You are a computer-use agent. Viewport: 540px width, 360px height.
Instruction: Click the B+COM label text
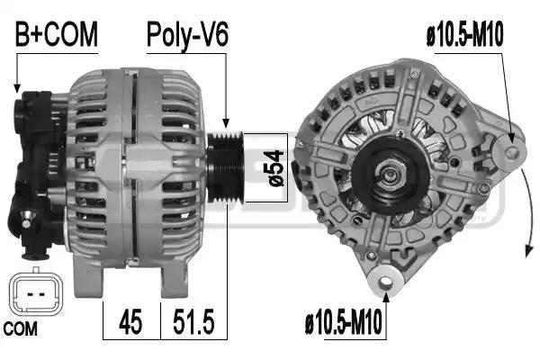[x=57, y=34]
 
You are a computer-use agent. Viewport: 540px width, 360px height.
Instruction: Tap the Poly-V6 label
[x=187, y=35]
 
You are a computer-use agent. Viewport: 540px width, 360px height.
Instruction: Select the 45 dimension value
[x=130, y=321]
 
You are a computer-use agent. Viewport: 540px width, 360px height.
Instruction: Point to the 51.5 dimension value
[x=193, y=321]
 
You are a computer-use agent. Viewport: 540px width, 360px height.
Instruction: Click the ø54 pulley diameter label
[x=275, y=167]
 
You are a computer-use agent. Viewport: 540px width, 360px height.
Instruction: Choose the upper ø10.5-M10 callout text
[x=465, y=34]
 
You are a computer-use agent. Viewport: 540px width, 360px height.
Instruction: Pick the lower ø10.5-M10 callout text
[x=344, y=321]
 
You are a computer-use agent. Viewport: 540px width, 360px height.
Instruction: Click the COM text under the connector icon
[x=21, y=329]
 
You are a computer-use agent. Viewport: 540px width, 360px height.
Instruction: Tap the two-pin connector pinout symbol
[x=36, y=292]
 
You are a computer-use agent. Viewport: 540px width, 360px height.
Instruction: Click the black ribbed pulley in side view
[x=226, y=167]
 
